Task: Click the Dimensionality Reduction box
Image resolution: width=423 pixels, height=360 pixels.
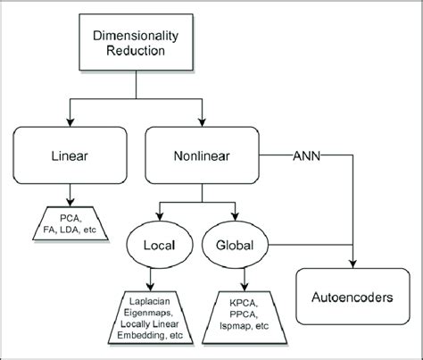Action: [136, 42]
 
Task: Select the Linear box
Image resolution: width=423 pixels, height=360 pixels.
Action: [69, 155]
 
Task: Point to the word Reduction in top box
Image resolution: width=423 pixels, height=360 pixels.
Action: [136, 51]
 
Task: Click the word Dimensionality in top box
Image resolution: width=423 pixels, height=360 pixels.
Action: [136, 34]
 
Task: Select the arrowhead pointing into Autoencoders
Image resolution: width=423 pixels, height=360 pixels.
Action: [354, 264]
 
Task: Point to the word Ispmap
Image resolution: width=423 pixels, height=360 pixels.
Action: [237, 325]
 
